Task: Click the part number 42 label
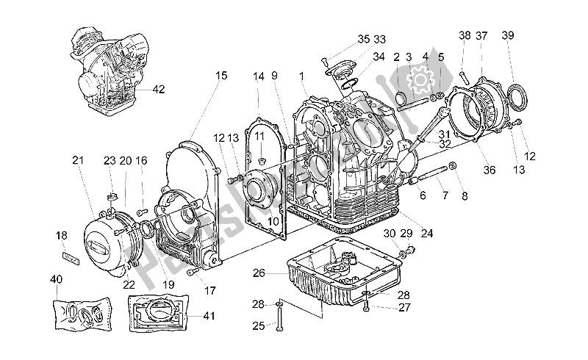coord(158,90)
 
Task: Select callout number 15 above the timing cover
coord(221,75)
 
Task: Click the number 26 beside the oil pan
coord(259,273)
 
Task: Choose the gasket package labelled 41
coord(157,314)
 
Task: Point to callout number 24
coord(427,234)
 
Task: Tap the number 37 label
coord(481,36)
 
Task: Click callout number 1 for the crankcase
coord(301,75)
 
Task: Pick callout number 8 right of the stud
coord(464,195)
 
